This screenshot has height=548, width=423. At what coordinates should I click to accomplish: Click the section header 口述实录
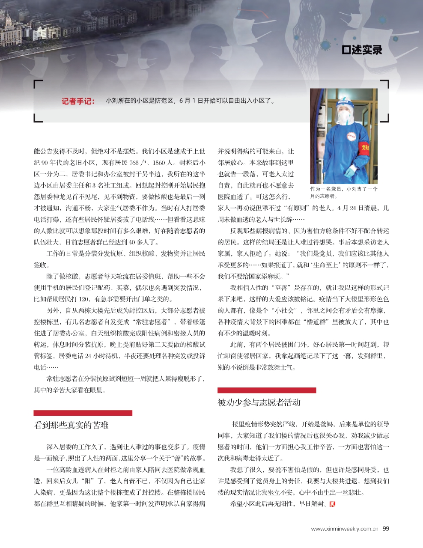[362, 50]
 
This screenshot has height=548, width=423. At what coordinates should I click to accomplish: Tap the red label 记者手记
[78, 101]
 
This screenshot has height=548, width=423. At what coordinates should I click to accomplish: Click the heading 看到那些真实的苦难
[71, 425]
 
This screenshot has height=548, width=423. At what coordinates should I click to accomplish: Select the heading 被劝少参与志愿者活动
[259, 402]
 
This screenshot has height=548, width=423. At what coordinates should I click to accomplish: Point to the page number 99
[386, 529]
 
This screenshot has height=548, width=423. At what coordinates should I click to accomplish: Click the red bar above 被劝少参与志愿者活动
[266, 390]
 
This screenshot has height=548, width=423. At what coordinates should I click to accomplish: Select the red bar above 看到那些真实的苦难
[83, 413]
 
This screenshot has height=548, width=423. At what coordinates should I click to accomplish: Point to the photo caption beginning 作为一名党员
[343, 192]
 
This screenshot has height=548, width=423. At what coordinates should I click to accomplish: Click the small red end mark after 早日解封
[333, 504]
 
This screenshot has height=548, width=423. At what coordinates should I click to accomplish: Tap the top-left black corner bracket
[38, 84]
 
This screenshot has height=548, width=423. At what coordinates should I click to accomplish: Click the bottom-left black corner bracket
[38, 118]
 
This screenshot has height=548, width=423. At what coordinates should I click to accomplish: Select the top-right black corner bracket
[384, 84]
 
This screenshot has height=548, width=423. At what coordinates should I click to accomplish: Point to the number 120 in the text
[85, 299]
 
